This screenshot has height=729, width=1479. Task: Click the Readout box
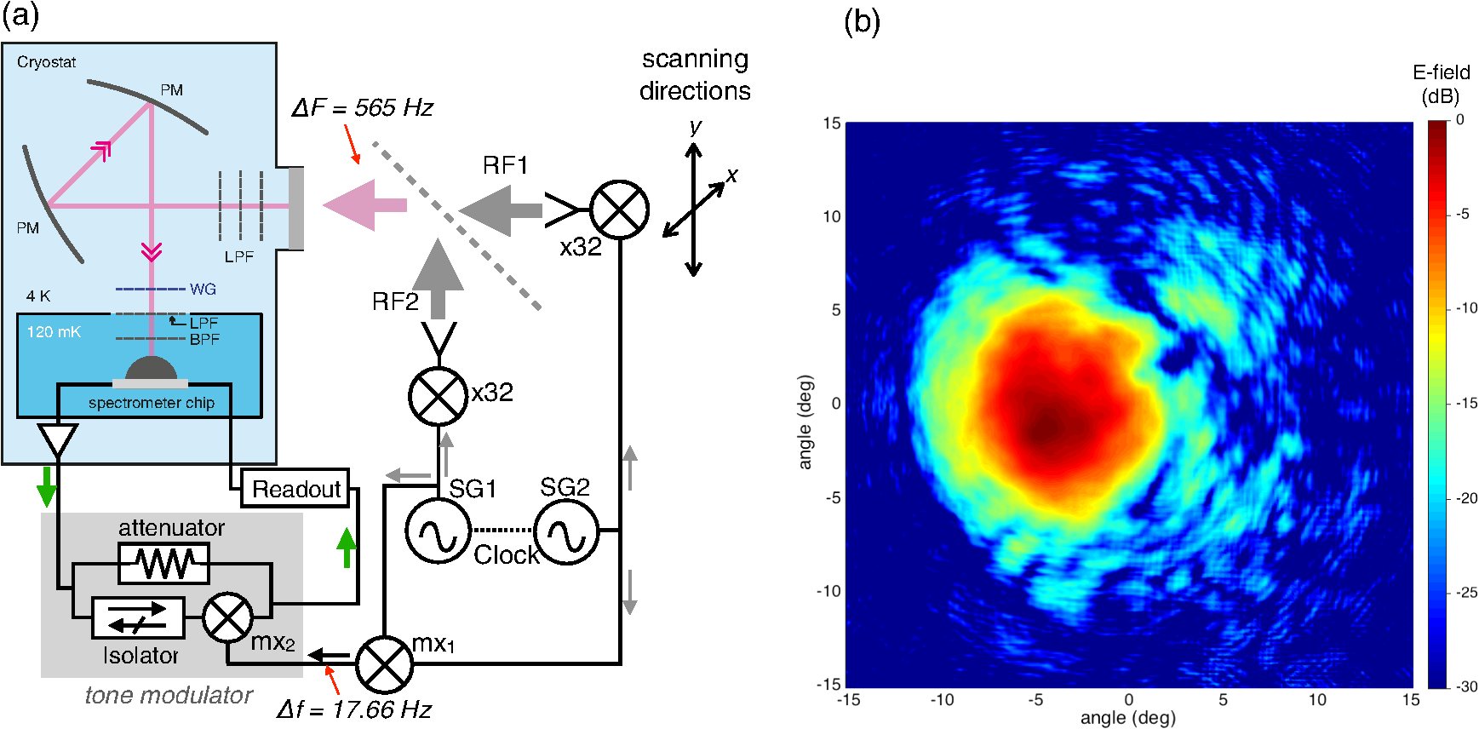point(295,489)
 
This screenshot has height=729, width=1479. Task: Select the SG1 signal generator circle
point(438,531)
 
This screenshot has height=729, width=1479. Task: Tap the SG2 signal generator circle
point(567,531)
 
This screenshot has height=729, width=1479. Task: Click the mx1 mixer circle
point(384,664)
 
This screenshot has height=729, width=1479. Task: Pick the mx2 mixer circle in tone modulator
point(228,618)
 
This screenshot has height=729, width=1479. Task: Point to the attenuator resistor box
point(163,563)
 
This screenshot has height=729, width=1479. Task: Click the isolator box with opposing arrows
point(138,618)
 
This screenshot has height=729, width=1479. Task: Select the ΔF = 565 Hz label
point(362,108)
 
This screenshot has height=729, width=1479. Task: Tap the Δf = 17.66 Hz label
point(354,709)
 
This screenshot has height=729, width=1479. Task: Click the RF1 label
point(505,165)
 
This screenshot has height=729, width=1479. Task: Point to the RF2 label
point(395,301)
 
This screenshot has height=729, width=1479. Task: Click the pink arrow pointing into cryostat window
point(364,204)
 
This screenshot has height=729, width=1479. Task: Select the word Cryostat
point(47,62)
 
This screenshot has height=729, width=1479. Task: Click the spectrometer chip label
point(152,403)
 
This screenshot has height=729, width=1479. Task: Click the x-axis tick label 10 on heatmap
point(1317,700)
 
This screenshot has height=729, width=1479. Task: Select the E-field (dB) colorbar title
point(1441,84)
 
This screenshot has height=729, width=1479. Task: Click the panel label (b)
point(862,20)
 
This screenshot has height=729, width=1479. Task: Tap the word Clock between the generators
point(506,554)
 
